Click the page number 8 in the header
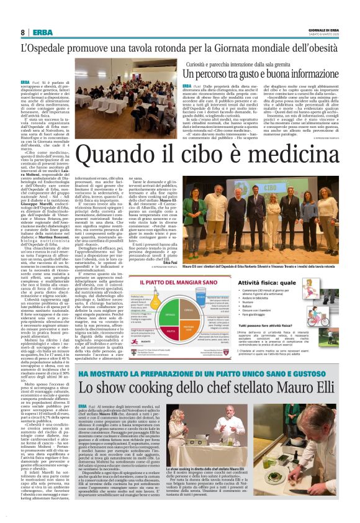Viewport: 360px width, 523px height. pos(22,32)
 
